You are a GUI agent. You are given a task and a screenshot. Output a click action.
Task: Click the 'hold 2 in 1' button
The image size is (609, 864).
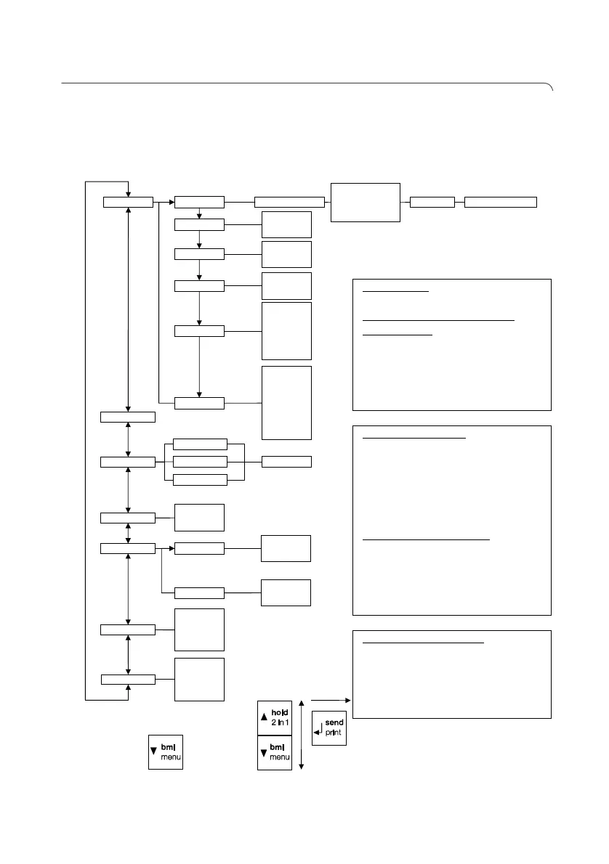275,719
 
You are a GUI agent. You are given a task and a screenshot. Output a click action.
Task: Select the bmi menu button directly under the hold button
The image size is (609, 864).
275,752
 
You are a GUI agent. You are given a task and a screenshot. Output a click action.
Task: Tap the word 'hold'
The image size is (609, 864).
281,714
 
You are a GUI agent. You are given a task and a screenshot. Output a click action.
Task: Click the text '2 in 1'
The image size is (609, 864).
281,724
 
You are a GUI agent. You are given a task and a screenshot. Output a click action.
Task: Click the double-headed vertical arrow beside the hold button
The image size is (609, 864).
301,735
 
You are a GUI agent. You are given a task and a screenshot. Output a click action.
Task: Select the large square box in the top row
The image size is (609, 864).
366,202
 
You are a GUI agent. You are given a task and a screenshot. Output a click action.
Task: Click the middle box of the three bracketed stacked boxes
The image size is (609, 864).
201,461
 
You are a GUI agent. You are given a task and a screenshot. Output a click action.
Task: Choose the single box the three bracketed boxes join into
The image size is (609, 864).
286,461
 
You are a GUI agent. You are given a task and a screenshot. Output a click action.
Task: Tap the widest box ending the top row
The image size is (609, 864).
501,202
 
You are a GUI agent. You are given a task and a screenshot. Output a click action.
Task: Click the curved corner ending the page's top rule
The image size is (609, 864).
549,88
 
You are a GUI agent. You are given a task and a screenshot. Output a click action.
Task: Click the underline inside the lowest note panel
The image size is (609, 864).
423,643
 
